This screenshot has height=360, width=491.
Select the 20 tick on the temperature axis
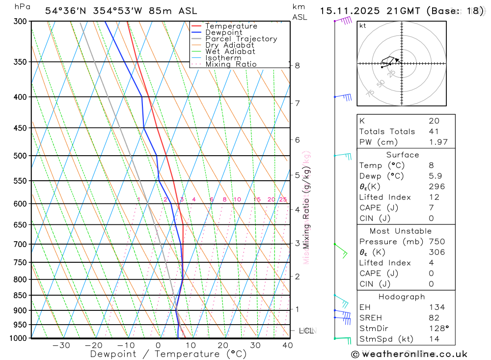[x=223, y=345]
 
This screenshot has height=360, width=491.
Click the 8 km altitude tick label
[x=298, y=65]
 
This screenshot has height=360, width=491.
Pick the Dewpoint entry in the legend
[x=224, y=32]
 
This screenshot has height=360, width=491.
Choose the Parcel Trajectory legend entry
[x=241, y=39]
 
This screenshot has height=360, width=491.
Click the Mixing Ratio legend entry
[x=231, y=64]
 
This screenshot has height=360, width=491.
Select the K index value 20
[x=434, y=121]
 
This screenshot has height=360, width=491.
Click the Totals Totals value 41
[x=434, y=132]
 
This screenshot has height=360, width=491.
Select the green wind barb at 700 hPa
[x=341, y=249]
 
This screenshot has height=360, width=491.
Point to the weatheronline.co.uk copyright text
[x=409, y=354]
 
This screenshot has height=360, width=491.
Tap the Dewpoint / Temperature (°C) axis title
[x=168, y=354]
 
